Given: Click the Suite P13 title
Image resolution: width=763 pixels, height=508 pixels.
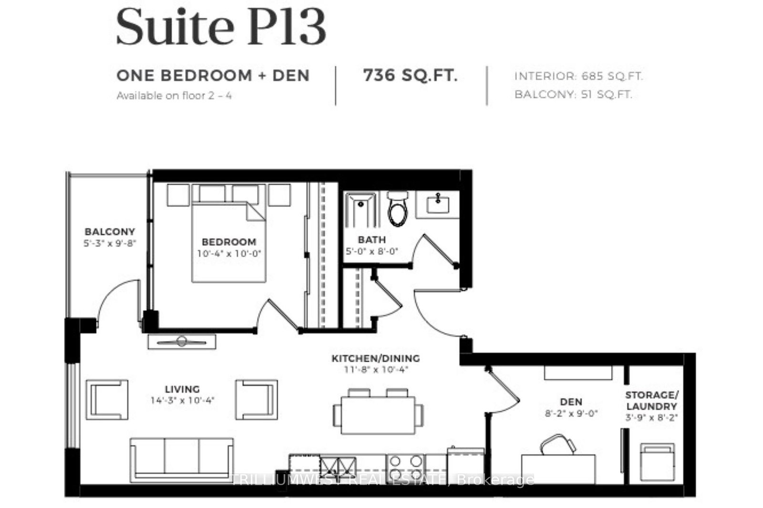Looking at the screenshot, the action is pos(221,27).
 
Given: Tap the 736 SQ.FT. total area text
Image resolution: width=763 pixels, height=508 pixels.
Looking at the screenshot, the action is pos(411,75).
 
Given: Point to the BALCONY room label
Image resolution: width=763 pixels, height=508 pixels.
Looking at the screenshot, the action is pos(110,232).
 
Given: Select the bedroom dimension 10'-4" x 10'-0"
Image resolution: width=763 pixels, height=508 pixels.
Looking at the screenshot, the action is pos(229,254).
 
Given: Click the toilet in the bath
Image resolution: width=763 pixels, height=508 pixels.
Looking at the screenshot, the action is pos(398,208).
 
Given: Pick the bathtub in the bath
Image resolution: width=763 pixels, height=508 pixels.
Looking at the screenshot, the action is pos(361,210).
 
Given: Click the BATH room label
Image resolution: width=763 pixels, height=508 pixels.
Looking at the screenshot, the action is pos(371,239).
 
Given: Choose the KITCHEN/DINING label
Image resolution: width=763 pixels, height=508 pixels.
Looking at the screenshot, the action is pos(376,358).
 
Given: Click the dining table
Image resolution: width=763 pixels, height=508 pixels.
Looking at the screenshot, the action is pos(378,415).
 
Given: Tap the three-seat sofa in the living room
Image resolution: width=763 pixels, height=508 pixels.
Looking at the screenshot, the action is pos(182,460).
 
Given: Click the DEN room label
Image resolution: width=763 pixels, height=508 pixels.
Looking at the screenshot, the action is pos(571,402).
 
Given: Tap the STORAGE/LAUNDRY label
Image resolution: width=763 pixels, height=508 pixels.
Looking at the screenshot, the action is pos(651,401).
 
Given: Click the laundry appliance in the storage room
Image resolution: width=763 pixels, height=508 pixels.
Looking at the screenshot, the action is pos(657,463).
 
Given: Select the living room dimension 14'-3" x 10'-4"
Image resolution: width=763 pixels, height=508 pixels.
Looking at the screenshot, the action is pos(183,400).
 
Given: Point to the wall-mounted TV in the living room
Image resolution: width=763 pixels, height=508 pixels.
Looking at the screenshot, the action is pos(182,342).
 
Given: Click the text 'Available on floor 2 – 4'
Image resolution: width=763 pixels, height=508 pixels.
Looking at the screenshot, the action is pos(174,96).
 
